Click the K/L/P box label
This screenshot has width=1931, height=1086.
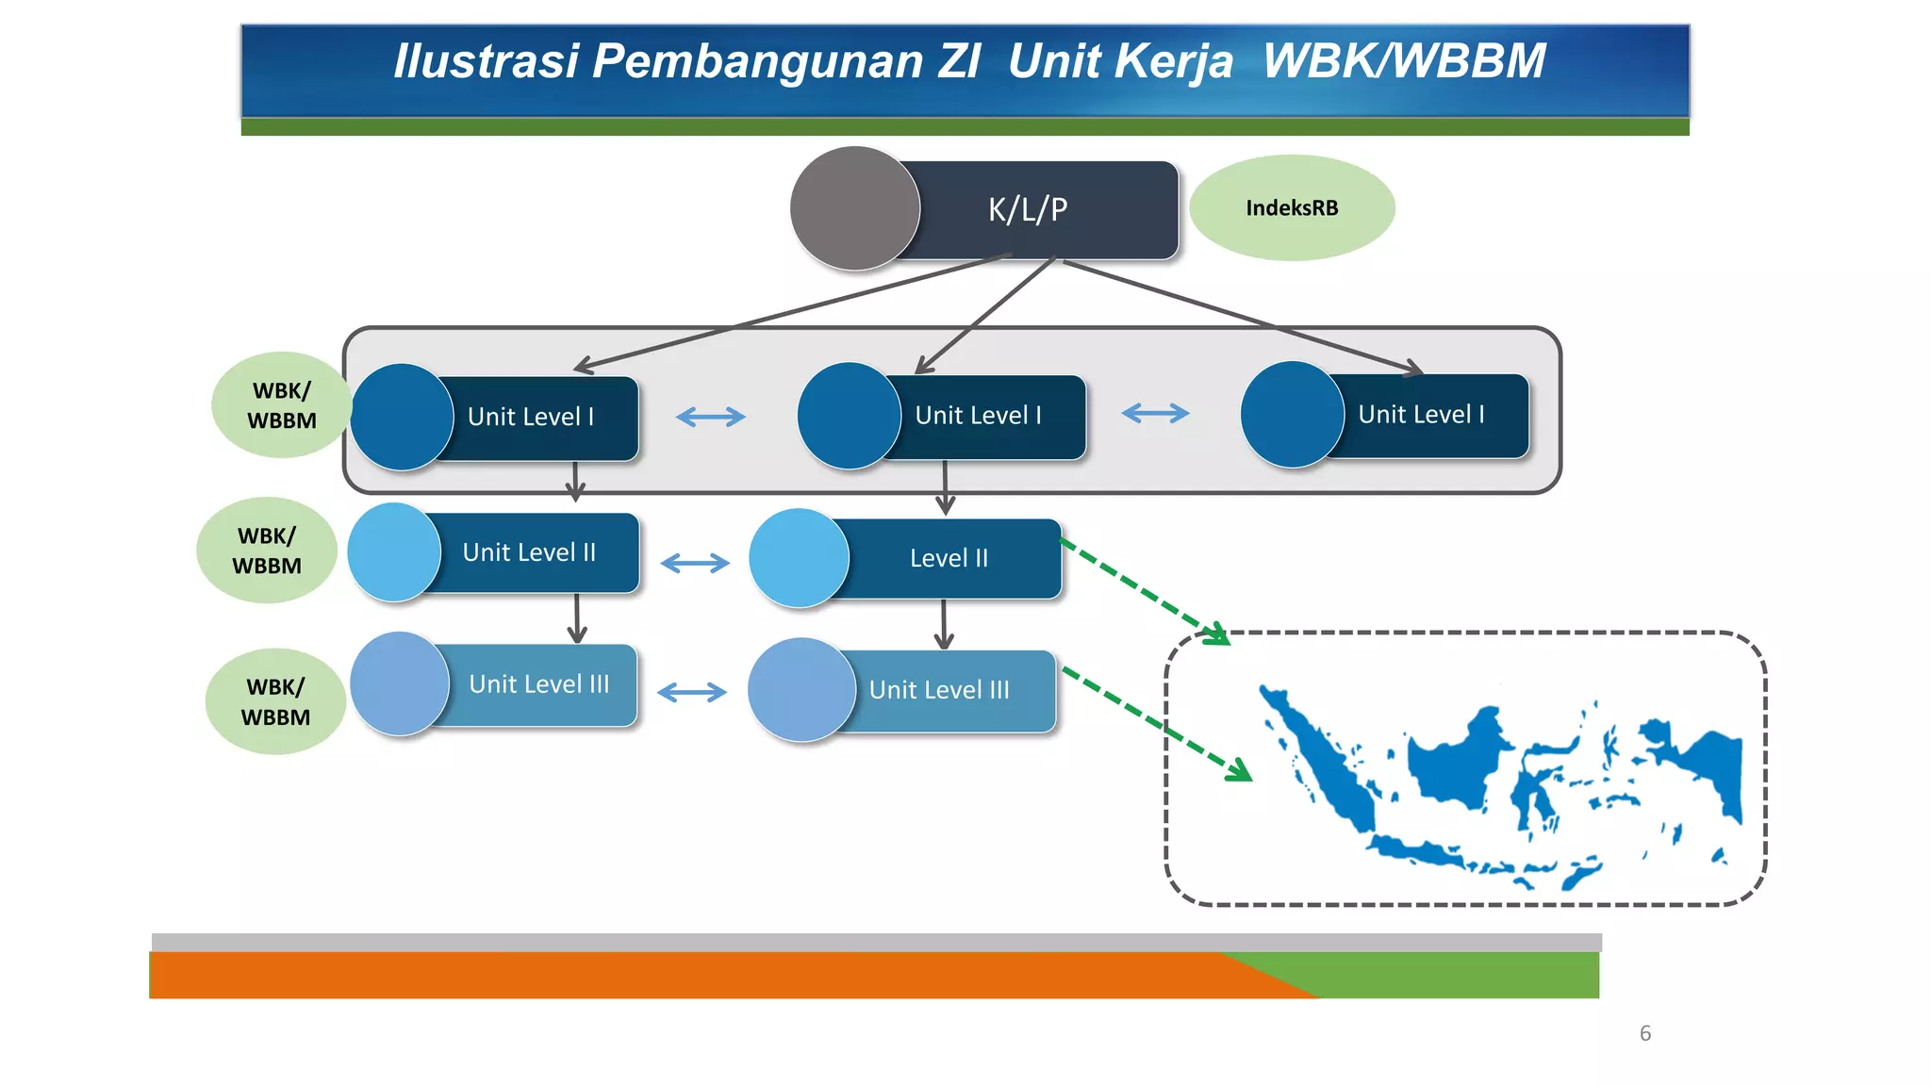click(x=1028, y=209)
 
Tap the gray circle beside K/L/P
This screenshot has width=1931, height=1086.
click(x=854, y=208)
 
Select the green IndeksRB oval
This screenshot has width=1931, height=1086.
click(x=1292, y=208)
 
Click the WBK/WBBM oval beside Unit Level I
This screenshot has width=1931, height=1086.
click(x=281, y=405)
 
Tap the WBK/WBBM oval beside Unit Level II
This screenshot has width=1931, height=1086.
click(x=267, y=551)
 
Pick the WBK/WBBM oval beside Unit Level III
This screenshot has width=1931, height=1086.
click(x=275, y=701)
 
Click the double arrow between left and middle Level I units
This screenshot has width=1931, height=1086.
click(x=711, y=417)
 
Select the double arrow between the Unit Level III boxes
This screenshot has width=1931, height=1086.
click(x=692, y=693)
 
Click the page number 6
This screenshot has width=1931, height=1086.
click(x=1645, y=1033)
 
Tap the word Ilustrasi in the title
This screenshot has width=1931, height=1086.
click(x=486, y=61)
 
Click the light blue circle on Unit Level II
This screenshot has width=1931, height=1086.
click(x=394, y=552)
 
